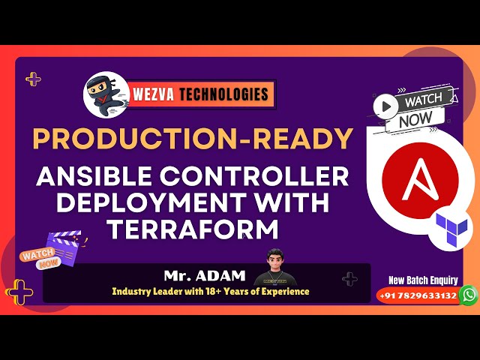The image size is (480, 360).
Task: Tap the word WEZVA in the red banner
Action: coord(157,94)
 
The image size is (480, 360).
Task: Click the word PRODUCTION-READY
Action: coord(192,139)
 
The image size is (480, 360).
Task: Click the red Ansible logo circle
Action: coord(419,179)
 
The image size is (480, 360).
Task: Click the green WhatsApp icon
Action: coord(469,295)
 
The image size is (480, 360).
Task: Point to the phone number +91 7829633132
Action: coord(418,295)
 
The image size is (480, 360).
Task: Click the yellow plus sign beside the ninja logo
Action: coord(33,78)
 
